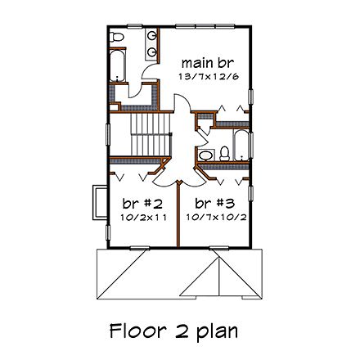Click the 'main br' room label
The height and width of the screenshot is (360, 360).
tap(203, 63)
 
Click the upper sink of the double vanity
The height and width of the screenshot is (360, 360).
tap(153, 38)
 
